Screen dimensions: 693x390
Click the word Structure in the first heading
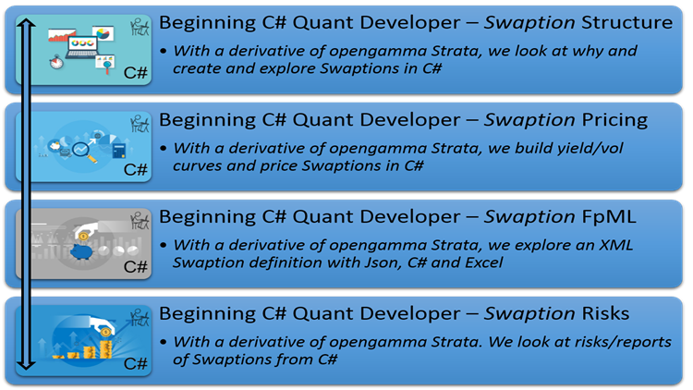click(627, 22)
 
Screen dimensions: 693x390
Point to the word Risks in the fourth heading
click(605, 313)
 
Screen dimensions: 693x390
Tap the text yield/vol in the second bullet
click(590, 149)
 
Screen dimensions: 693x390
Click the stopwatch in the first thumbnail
click(56, 62)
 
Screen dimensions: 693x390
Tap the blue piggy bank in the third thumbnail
click(81, 252)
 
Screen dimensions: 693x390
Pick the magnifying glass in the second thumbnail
click(84, 152)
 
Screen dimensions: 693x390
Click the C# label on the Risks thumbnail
click(135, 363)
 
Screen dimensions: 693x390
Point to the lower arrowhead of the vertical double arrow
click(27, 364)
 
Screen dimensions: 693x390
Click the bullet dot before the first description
click(164, 52)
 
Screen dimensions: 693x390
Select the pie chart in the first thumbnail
click(103, 33)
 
